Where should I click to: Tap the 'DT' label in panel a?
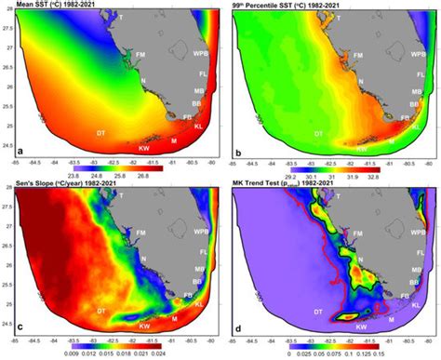pyautogui.click(x=100, y=133)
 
